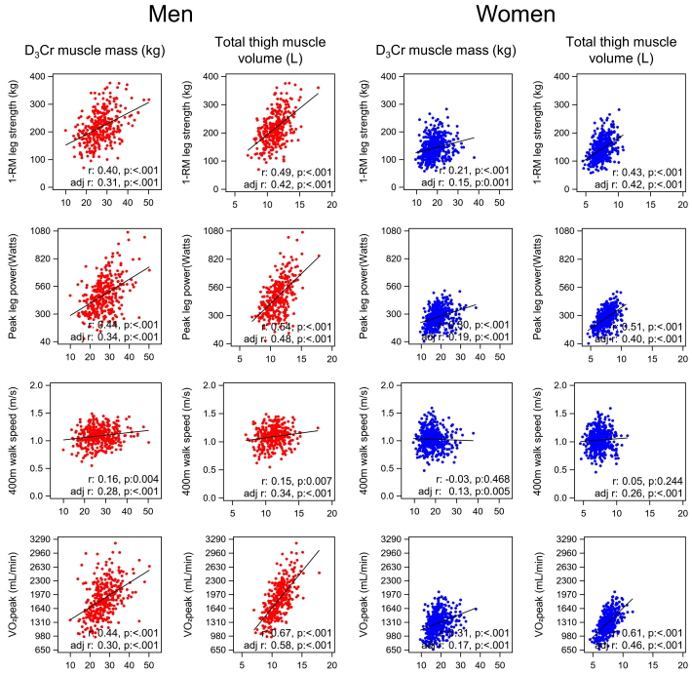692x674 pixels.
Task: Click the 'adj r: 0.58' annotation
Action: pos(279,646)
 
